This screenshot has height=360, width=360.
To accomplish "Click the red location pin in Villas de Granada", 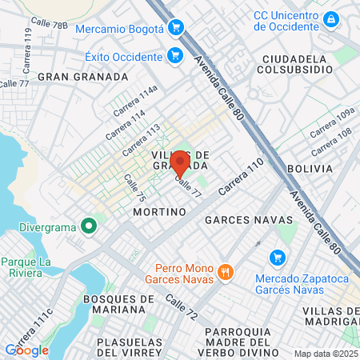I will pos(179,162).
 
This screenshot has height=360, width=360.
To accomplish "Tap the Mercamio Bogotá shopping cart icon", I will pos(176,29).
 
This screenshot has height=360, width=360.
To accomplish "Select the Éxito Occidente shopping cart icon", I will pos(174,56).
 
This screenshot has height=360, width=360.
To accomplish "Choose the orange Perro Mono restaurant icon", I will pos(226,272).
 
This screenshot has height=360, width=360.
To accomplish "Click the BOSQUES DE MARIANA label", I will pos(118,304).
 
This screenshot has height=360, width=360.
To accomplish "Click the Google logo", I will pos(27,350).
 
